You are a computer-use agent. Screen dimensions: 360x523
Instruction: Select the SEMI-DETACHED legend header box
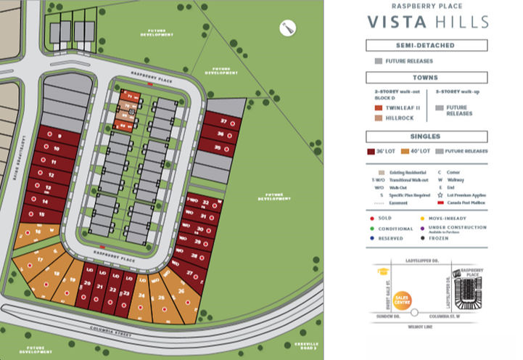pyautogui.click(x=427, y=46)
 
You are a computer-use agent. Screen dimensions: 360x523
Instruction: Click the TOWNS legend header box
pyautogui.click(x=427, y=78)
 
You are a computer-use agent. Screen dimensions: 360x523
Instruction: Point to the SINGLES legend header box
pyautogui.click(x=427, y=136)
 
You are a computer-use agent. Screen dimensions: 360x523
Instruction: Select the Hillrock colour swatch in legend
pyautogui.click(x=378, y=118)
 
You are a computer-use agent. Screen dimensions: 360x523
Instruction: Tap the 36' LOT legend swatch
pyautogui.click(x=371, y=152)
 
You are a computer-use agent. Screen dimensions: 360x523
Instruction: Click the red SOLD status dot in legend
pyautogui.click(x=371, y=217)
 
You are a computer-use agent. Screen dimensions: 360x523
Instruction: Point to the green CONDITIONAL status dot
pyautogui.click(x=371, y=227)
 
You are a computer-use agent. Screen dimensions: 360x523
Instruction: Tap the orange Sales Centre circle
pyautogui.click(x=401, y=298)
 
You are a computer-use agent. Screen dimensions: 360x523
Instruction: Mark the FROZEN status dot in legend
pyautogui.click(x=422, y=237)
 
